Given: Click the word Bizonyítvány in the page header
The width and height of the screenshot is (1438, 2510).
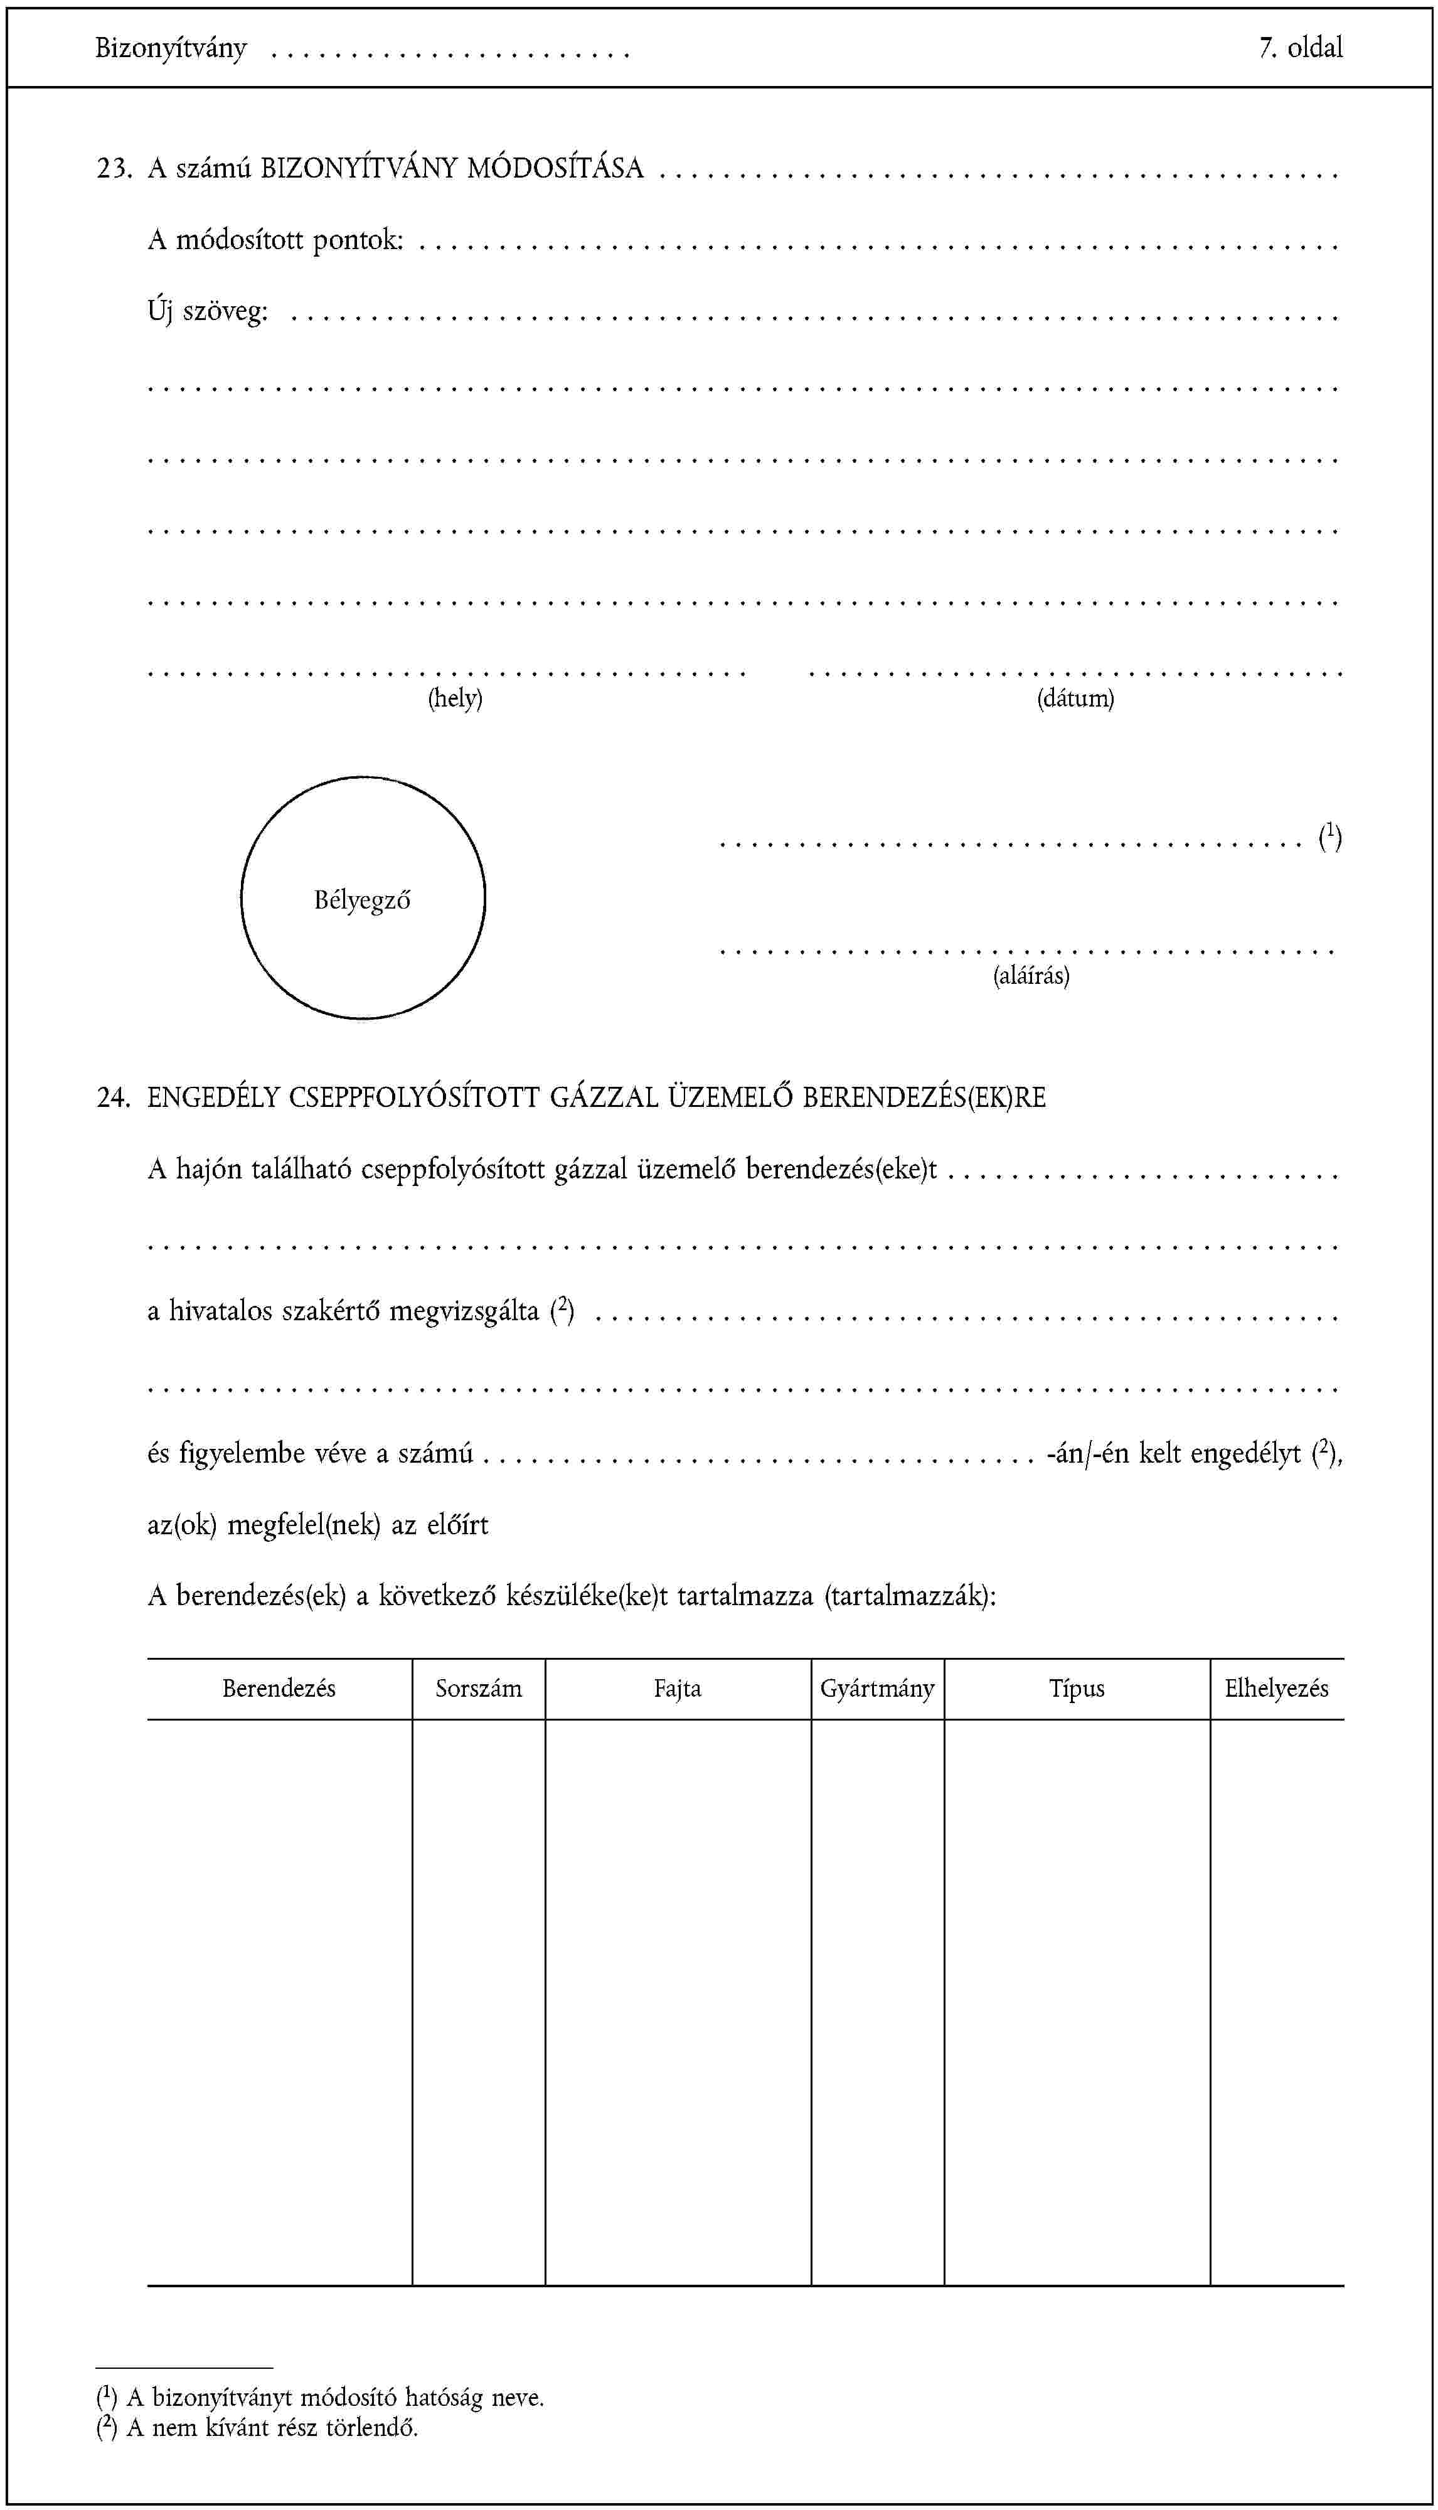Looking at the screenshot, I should tap(171, 48).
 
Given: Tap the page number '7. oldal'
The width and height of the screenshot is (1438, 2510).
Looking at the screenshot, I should tap(1300, 48).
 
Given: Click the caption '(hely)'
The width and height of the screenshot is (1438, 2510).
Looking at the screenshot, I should tap(455, 698).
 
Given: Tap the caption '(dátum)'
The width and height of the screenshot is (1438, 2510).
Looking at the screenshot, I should tap(1075, 698).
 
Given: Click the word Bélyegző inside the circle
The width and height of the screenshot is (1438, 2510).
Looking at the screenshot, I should tap(363, 900).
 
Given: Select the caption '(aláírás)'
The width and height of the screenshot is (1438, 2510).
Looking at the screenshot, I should tap(1031, 976).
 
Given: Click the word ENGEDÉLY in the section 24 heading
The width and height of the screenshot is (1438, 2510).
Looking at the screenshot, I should tap(213, 1097).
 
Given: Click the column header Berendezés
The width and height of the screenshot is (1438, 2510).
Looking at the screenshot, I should tap(279, 1688).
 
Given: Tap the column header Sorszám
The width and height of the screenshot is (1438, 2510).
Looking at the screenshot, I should tap(479, 1688).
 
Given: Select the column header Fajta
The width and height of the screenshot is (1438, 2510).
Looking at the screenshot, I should tap(678, 1688).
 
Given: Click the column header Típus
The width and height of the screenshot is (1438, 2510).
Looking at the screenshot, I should tap(1077, 1688).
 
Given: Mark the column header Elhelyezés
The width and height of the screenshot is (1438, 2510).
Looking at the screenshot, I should tap(1276, 1688).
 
